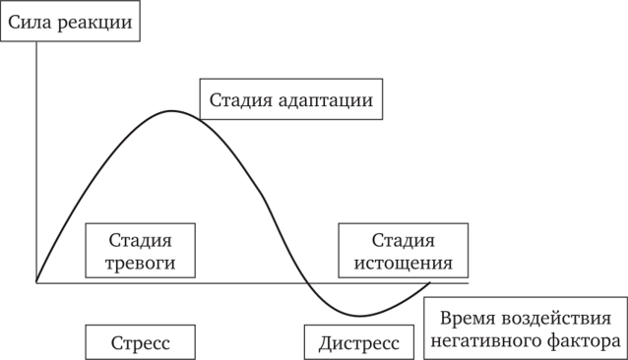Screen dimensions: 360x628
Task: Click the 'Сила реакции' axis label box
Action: click(70, 21)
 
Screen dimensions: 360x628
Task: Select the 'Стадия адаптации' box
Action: click(290, 99)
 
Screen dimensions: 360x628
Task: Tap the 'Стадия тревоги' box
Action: click(140, 251)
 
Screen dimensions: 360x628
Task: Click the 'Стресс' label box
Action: click(140, 343)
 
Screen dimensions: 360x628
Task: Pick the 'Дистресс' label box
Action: click(359, 343)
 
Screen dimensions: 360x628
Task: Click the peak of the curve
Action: click(172, 110)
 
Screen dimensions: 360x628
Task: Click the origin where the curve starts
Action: click(36, 282)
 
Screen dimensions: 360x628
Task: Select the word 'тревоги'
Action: click(140, 263)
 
